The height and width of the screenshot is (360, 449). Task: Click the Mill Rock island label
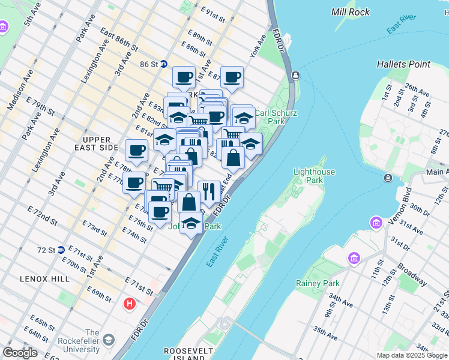click(x=351, y=11)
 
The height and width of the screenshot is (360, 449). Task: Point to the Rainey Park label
click(x=318, y=283)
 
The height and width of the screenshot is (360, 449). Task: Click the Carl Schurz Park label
click(x=270, y=116)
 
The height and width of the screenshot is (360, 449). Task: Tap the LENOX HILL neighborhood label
click(x=46, y=279)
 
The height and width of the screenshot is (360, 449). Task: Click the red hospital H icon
click(x=129, y=304)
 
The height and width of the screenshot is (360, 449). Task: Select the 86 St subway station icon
click(x=163, y=64)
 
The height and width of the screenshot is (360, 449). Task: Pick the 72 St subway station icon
click(x=61, y=250)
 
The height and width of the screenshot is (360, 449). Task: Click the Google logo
click(x=20, y=353)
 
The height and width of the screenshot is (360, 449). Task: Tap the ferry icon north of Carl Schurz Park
click(x=295, y=75)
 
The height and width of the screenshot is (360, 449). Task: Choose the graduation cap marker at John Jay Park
click(x=191, y=223)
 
